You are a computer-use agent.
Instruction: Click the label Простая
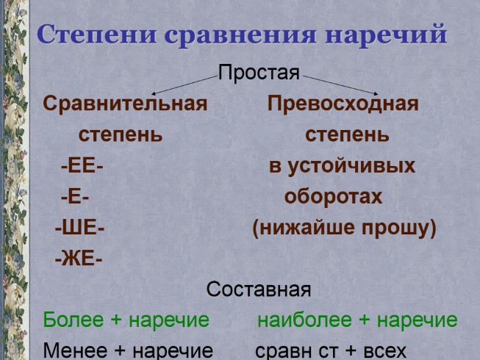coord(259,73)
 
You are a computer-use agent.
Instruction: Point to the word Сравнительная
coord(125,104)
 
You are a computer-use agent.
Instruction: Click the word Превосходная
coord(343,104)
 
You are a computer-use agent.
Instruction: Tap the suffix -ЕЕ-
coord(82,166)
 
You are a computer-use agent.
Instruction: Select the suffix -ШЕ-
coord(79,228)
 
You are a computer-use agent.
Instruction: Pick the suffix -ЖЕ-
coord(78,259)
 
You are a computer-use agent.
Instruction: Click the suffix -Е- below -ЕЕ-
coord(74,198)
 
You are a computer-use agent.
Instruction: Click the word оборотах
coord(333,198)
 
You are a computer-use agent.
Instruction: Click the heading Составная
coord(258,290)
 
